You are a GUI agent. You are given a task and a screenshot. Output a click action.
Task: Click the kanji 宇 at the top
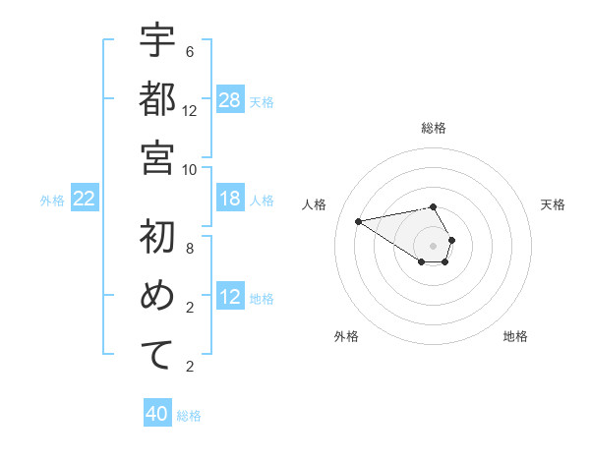[157, 42]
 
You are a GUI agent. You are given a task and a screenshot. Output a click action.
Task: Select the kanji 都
[157, 99]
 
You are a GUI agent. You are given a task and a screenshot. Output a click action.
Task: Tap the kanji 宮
[157, 156]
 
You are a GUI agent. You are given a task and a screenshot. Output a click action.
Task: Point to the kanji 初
[157, 237]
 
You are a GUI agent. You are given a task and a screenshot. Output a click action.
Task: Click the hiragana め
[157, 296]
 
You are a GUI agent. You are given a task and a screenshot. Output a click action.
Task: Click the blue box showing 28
[230, 100]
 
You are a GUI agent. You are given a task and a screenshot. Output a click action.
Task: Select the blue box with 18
[230, 200]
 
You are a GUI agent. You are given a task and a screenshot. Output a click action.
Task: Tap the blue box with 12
[230, 298]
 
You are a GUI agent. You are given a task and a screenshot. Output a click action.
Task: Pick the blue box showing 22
[85, 200]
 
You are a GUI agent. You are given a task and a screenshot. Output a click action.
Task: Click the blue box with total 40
[157, 415]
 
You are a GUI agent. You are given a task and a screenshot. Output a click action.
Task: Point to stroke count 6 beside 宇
[190, 52]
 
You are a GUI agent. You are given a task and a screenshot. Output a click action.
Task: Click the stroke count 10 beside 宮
[190, 168]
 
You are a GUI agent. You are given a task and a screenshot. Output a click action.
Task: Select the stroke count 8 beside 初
[190, 248]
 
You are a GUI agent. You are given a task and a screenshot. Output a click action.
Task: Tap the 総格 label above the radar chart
[433, 128]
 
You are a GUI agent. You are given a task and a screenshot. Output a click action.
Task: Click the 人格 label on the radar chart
[314, 204]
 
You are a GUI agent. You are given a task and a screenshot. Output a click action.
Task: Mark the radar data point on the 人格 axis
[358, 220]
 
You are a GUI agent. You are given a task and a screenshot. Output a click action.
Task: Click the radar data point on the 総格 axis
[433, 206]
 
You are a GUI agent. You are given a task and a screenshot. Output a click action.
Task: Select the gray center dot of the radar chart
[433, 245]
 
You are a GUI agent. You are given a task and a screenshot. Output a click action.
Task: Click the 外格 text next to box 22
[52, 201]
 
